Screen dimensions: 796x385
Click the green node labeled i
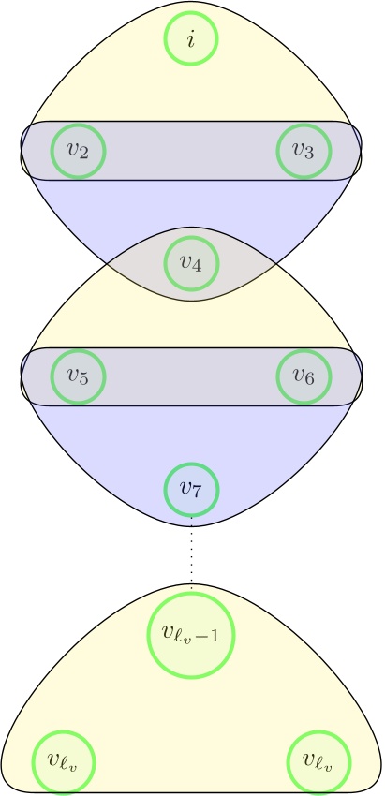point(191,39)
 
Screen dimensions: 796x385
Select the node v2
point(78,151)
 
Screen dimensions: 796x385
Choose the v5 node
point(78,376)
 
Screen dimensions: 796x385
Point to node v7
point(191,488)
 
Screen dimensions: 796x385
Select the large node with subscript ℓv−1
point(191,635)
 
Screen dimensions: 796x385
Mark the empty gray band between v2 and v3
point(191,150)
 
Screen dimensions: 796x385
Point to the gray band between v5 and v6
point(191,376)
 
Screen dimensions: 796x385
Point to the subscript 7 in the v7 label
point(197,492)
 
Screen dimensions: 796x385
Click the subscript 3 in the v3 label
point(310,155)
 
